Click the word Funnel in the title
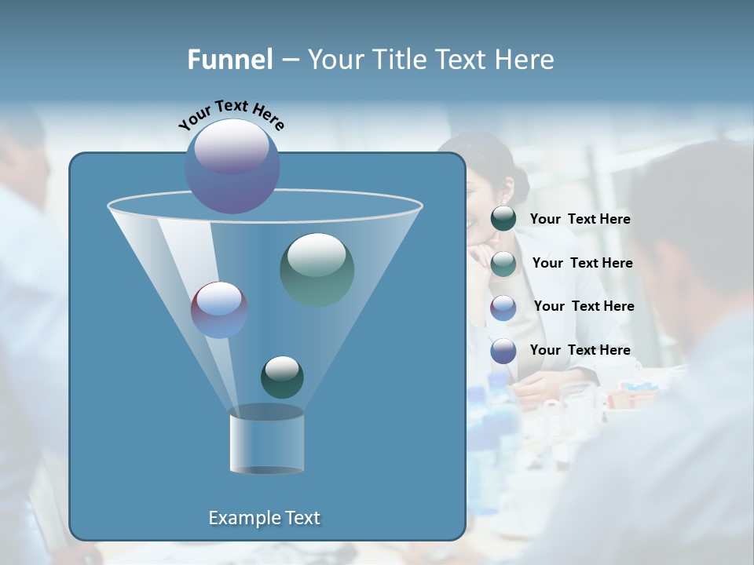[229, 60]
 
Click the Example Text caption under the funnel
[264, 518]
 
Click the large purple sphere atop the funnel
[232, 166]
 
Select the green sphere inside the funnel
[317, 269]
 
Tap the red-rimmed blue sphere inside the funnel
[219, 309]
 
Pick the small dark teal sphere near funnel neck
[282, 377]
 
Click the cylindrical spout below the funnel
[266, 441]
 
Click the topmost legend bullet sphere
[503, 219]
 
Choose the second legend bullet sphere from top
[503, 264]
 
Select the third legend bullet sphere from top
[503, 307]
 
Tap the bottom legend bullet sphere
[503, 351]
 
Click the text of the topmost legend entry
[580, 220]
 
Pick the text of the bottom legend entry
[580, 350]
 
